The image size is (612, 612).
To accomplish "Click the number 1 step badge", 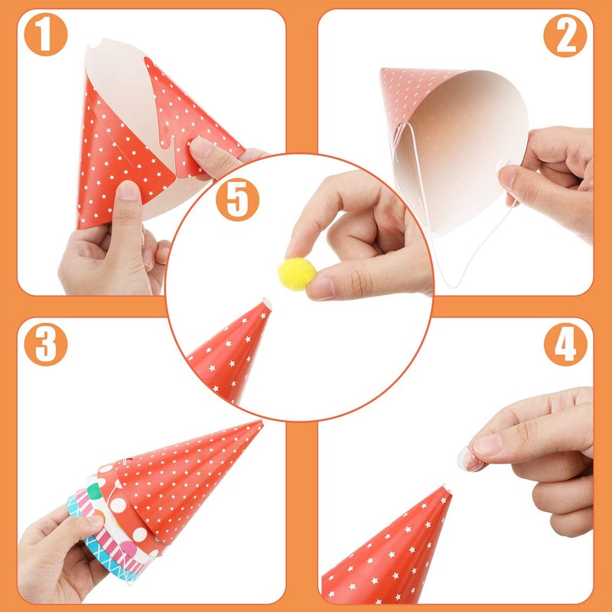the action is [46, 34].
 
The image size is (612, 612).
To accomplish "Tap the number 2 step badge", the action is [565, 36].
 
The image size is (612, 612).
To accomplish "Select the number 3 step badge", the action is [46, 344].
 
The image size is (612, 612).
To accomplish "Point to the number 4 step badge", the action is [565, 345].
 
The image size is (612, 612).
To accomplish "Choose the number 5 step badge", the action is [237, 200].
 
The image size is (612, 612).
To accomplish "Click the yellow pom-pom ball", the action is [298, 274].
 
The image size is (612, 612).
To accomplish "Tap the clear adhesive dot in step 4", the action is [468, 458].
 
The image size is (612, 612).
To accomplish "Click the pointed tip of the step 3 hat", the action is [262, 422].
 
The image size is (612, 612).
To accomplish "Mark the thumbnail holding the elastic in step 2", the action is [508, 178].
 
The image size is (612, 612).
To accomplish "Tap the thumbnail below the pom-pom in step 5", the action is [320, 288].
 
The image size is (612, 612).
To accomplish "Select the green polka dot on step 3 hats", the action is [93, 490].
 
